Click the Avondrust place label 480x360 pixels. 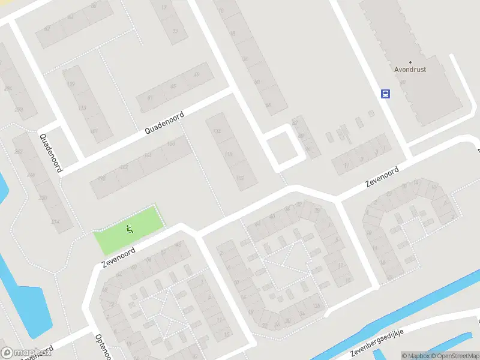click(x=410, y=70)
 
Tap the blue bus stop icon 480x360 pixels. click(x=385, y=94)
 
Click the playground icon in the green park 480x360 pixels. click(x=130, y=229)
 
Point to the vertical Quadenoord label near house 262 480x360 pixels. click(x=51, y=152)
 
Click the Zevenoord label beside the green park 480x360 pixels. click(x=118, y=259)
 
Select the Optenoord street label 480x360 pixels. click(x=100, y=346)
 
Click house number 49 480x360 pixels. click(x=196, y=75)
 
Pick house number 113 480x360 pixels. click(x=82, y=108)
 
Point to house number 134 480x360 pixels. click(x=217, y=131)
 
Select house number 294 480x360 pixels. click(x=8, y=89)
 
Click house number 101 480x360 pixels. click(x=94, y=131)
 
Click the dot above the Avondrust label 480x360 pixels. click(x=410, y=62)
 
